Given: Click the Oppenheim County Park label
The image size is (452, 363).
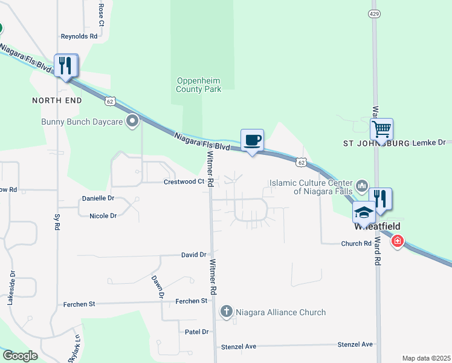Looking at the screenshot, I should click(x=199, y=85).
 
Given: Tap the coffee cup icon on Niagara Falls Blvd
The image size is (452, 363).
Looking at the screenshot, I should click(x=252, y=140).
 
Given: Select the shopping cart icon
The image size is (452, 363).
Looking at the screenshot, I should click(x=381, y=129).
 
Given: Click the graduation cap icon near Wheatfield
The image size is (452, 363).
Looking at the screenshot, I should click(x=364, y=212).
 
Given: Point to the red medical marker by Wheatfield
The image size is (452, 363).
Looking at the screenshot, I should click(x=397, y=242).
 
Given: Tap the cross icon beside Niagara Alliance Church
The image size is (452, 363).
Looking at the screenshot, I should click(x=226, y=312).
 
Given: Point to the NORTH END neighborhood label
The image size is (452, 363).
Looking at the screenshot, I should click(x=57, y=100).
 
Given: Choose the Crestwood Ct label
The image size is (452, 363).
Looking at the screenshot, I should click(x=184, y=181).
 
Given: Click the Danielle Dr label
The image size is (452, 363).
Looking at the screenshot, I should click(x=98, y=198).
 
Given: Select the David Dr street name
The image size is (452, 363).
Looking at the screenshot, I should click(x=193, y=255).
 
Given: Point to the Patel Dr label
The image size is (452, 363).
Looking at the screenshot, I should click(x=196, y=332).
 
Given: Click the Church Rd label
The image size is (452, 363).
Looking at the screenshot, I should click(x=355, y=244).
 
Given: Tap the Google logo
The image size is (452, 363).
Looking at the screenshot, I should click(x=20, y=356).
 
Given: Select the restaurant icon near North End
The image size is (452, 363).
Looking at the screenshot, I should click(x=66, y=65).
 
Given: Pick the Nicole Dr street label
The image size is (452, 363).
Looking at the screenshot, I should click(x=103, y=215).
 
